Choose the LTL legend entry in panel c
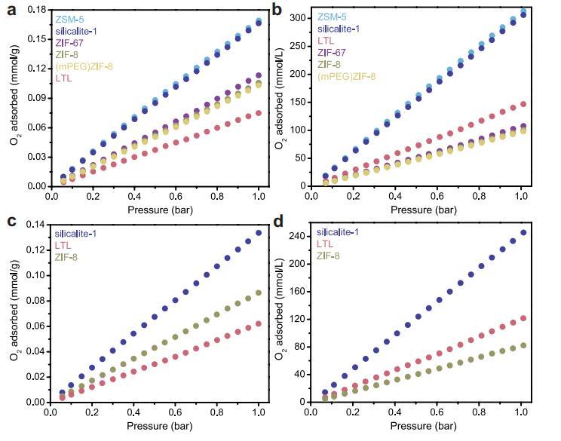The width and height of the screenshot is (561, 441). (63, 245)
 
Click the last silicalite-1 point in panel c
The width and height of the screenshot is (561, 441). (259, 233)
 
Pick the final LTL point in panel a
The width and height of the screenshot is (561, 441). (259, 113)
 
